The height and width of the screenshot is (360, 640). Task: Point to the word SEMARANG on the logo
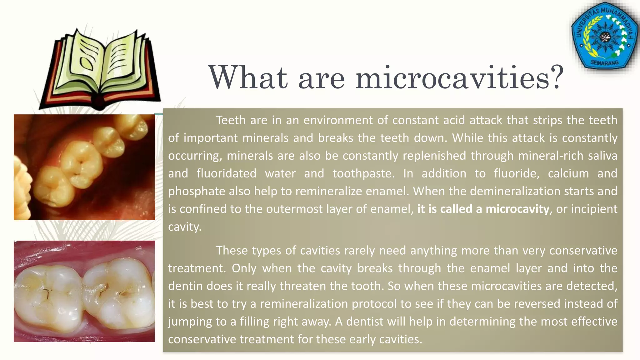(x=604, y=62)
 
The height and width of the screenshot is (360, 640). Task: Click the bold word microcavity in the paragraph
(x=517, y=209)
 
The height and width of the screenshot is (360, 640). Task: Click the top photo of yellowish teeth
(x=84, y=167)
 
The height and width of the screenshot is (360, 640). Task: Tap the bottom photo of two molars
(x=84, y=291)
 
